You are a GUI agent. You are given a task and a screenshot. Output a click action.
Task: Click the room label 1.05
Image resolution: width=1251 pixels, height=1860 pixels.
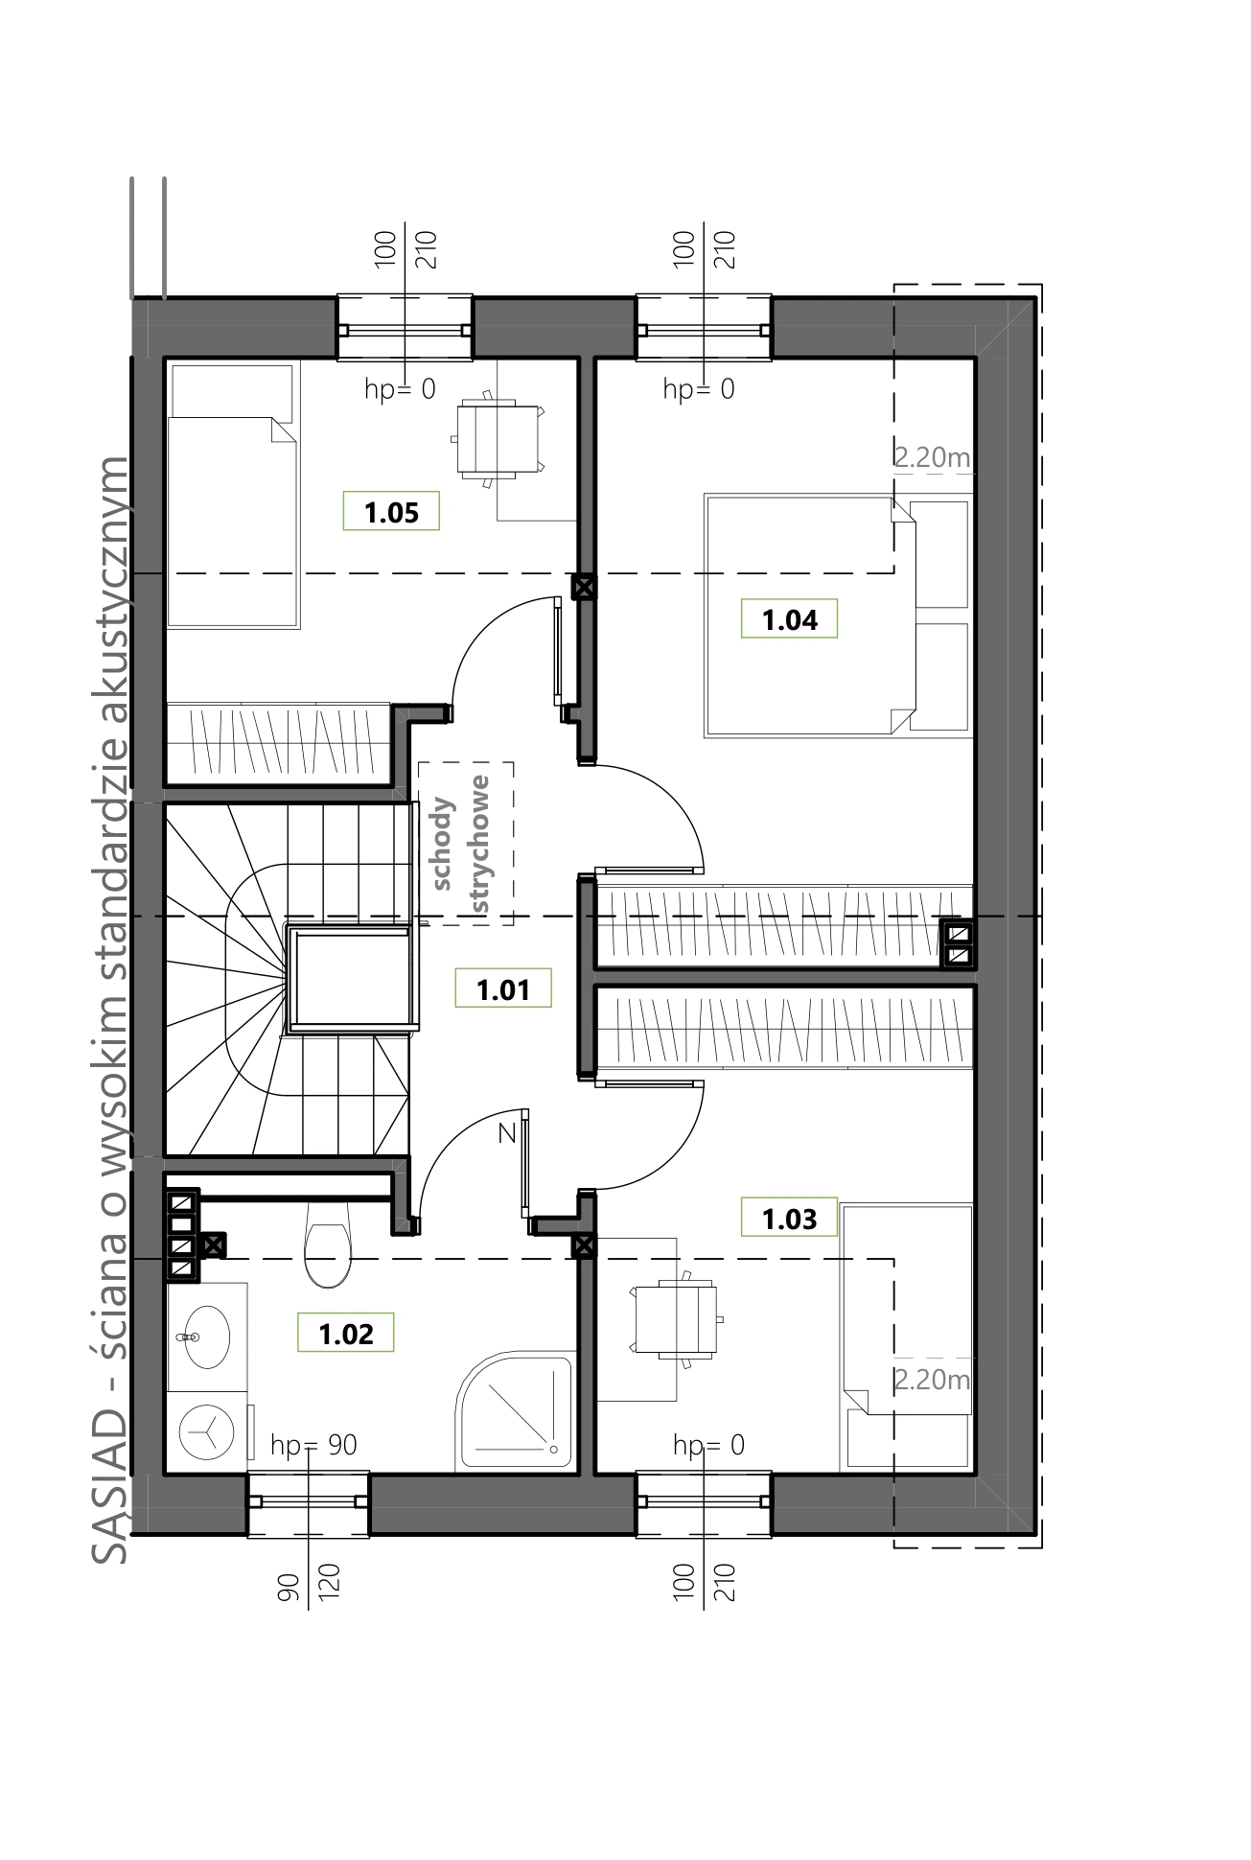(392, 512)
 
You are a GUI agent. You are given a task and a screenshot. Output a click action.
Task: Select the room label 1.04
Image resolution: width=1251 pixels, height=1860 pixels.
(789, 619)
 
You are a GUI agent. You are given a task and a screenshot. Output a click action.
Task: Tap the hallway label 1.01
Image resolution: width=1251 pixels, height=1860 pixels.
(503, 988)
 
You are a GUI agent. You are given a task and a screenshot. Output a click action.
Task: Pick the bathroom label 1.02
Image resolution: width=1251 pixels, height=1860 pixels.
(346, 1333)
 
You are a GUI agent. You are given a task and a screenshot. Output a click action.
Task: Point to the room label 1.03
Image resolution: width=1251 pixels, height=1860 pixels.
(789, 1218)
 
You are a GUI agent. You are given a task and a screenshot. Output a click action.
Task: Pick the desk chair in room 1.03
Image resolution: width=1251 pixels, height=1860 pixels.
(675, 1319)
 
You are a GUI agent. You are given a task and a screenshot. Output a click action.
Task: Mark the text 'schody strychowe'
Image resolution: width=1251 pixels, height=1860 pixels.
(465, 844)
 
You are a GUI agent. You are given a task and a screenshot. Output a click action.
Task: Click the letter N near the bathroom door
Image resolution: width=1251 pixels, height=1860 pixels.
(507, 1133)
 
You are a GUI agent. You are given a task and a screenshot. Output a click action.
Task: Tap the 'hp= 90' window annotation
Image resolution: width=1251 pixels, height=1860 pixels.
(314, 1445)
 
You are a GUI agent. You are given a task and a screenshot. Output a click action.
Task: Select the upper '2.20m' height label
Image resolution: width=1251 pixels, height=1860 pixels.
(932, 457)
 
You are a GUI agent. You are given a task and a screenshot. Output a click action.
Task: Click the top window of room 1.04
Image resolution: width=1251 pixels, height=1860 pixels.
(704, 329)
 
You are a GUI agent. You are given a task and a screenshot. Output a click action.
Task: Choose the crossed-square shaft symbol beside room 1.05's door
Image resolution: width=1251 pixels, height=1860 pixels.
(583, 587)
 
